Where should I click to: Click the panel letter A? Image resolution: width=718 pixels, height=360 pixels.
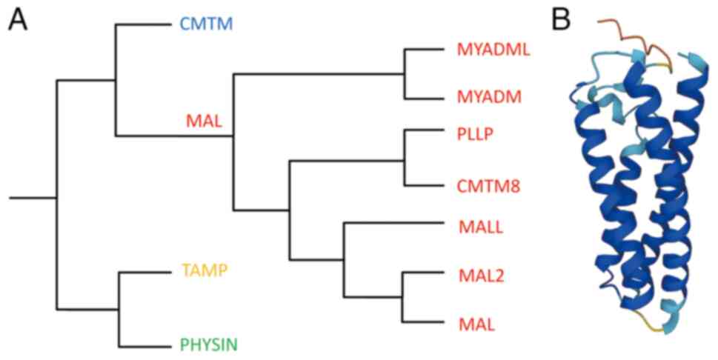[18, 20]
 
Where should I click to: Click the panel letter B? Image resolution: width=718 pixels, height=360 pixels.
[561, 20]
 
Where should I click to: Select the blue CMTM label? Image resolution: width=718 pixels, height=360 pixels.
[206, 24]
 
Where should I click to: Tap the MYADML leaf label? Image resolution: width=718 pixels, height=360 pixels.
[486, 50]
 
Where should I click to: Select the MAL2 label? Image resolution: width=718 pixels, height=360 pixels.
[476, 277]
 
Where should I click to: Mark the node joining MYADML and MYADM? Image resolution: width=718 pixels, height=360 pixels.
[405, 74]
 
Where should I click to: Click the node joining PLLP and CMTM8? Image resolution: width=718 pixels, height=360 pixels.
[405, 159]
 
